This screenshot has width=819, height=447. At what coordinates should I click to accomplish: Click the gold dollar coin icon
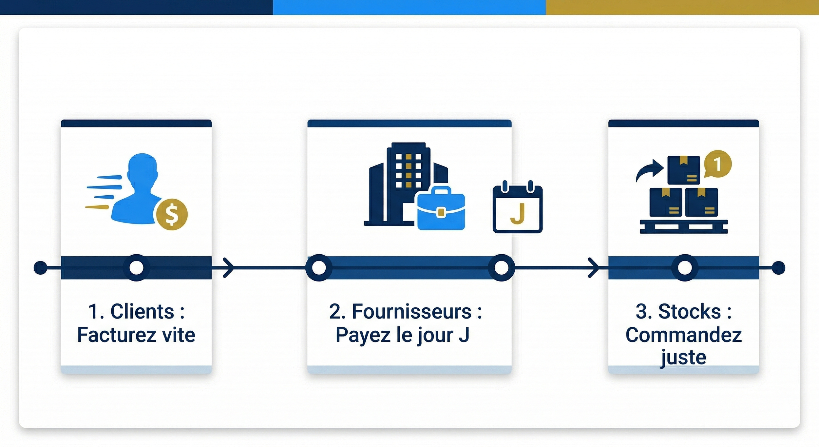[172, 214]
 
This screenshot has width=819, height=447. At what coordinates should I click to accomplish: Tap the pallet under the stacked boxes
[684, 226]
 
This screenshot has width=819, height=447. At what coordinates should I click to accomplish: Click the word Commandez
[684, 335]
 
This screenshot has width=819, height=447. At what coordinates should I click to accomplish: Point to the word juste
[683, 357]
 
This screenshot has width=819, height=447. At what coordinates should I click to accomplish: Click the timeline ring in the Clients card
[136, 267]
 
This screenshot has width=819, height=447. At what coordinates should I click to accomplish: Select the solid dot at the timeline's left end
[40, 267]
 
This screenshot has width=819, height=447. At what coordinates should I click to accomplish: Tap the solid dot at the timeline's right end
[778, 267]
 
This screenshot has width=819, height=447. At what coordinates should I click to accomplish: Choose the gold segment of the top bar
[682, 7]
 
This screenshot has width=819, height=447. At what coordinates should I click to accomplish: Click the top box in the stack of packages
[684, 170]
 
